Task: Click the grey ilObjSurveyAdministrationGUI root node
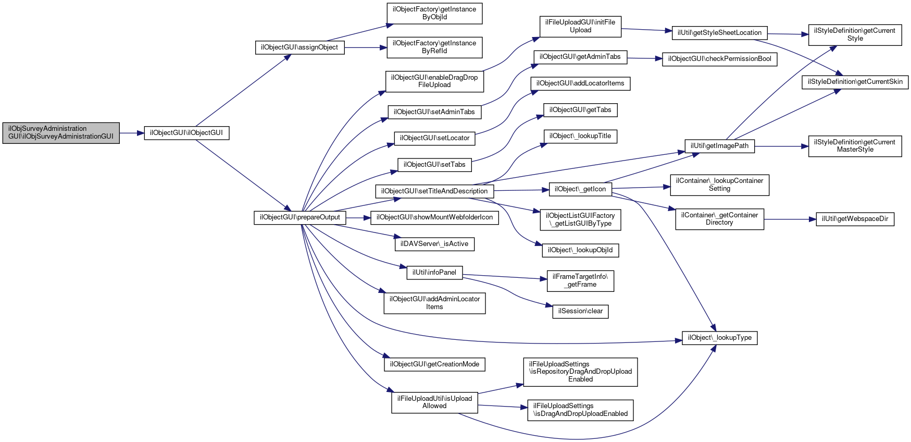pos(61,132)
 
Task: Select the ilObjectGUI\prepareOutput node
pos(300,217)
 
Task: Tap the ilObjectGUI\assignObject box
pos(299,47)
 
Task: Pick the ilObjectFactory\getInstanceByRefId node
pos(434,47)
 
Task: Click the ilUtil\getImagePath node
pos(719,146)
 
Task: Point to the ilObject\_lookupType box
pos(719,338)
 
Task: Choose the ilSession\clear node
pos(580,311)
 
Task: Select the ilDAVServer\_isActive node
pos(434,244)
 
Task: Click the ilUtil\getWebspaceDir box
pos(855,219)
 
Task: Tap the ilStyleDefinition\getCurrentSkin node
pos(855,82)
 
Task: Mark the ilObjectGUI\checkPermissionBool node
pos(719,59)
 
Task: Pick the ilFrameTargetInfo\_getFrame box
pos(580,280)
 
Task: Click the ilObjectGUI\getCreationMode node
pos(434,364)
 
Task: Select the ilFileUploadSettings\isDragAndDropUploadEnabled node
pos(580,410)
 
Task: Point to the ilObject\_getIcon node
pos(580,189)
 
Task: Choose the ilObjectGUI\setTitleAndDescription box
pos(434,191)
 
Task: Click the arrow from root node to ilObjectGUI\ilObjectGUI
pos(132,133)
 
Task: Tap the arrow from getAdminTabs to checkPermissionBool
pos(645,58)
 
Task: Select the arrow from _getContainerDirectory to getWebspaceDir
pos(790,219)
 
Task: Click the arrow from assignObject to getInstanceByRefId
pos(365,47)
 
